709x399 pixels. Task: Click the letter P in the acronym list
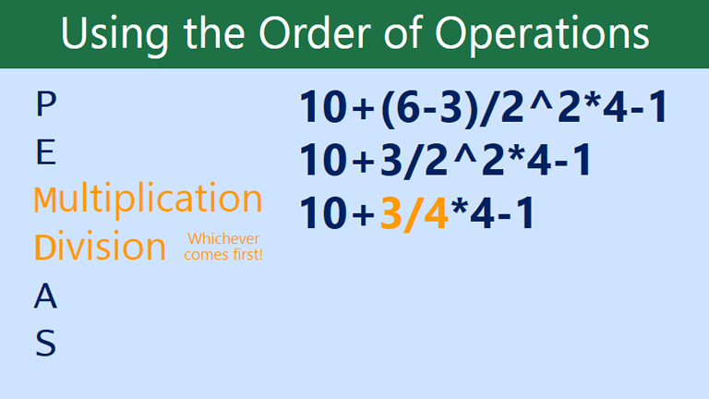[x=44, y=105]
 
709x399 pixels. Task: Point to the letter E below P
[x=45, y=153]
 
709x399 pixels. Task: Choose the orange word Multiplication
[x=148, y=199]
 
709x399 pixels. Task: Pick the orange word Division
[x=100, y=247]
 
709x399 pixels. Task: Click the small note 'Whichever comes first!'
[x=223, y=247]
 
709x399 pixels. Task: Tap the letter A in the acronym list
[x=45, y=296]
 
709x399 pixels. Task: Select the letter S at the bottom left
[x=45, y=345]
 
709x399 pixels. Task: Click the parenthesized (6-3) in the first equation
[x=428, y=109]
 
